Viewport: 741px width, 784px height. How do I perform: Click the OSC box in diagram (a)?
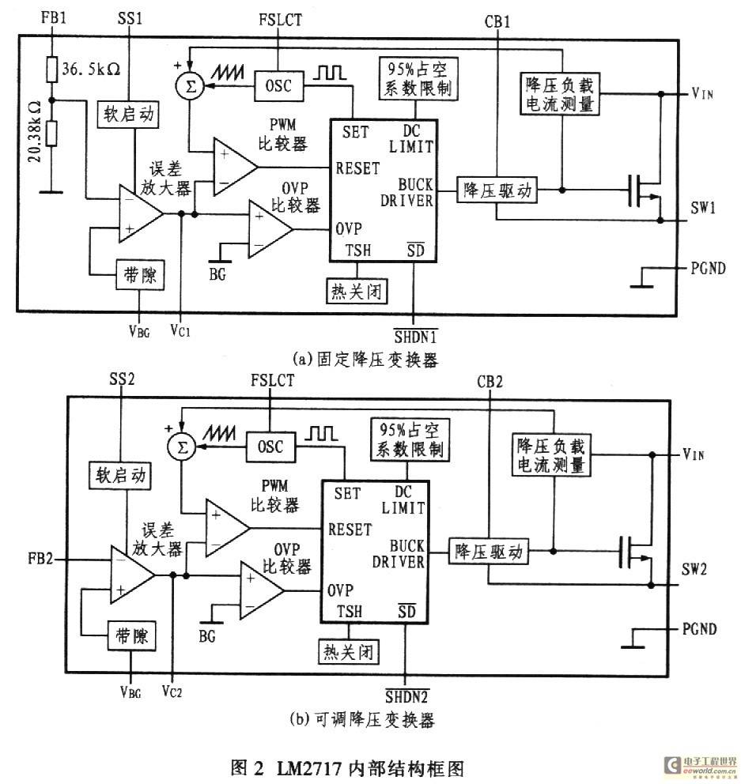[278, 86]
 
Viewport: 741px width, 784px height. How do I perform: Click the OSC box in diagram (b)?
[270, 447]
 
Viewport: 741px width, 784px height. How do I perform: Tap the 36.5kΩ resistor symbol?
[52, 70]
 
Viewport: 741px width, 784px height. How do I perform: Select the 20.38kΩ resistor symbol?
[51, 133]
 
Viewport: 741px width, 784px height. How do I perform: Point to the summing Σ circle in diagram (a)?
[190, 86]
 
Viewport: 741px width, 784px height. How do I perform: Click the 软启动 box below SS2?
[120, 475]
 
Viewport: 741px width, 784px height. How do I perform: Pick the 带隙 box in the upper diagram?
[140, 274]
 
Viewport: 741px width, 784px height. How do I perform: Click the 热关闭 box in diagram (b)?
[348, 651]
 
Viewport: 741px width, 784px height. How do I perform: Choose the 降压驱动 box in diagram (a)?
[497, 190]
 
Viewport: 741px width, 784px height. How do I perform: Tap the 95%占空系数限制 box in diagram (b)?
[410, 439]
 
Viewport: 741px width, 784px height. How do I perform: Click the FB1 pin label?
[54, 18]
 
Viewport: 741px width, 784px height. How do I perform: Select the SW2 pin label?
[694, 569]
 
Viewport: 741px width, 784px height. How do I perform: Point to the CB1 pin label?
[497, 21]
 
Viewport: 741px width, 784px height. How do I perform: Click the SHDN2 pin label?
[407, 695]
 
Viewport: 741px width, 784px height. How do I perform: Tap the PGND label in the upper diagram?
[708, 269]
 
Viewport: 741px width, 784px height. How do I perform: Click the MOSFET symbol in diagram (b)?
[637, 552]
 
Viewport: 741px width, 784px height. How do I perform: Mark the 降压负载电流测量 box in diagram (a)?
[560, 95]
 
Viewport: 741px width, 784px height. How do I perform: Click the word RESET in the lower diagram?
[350, 530]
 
